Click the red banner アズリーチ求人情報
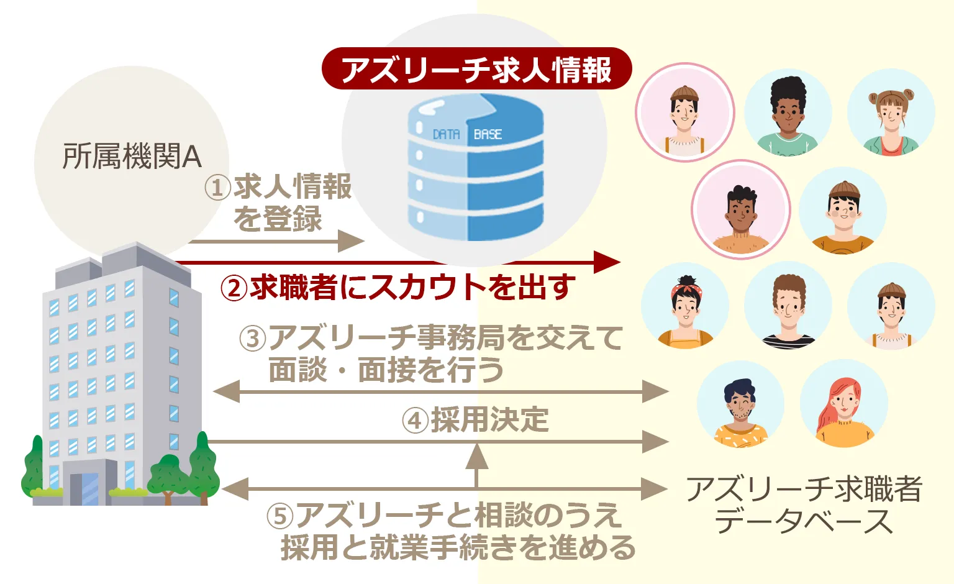point(476,69)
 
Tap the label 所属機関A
point(132,157)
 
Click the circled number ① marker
point(217,187)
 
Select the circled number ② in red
point(234,288)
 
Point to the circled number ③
point(253,339)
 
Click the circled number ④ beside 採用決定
point(415,421)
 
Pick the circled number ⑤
point(279,516)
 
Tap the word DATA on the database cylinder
point(446,134)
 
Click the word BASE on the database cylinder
point(488,134)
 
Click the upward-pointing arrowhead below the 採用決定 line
point(476,456)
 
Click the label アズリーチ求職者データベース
point(804,505)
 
